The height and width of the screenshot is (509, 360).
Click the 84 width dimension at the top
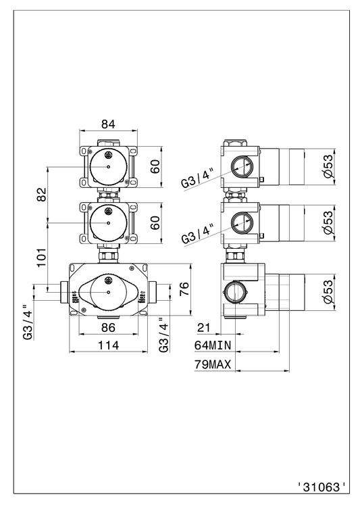pos(108,124)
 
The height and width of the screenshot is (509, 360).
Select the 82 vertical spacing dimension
pos(42,194)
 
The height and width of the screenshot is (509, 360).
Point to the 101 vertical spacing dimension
pos(42,258)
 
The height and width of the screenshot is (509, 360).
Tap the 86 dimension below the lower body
pos(108,327)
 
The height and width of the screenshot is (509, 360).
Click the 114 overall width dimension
pos(108,345)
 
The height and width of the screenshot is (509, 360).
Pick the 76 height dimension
pos(184,289)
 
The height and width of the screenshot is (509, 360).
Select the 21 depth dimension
pos(204,327)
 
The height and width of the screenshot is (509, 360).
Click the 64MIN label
pos(213,345)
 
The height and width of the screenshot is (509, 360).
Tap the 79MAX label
pos(213,364)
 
